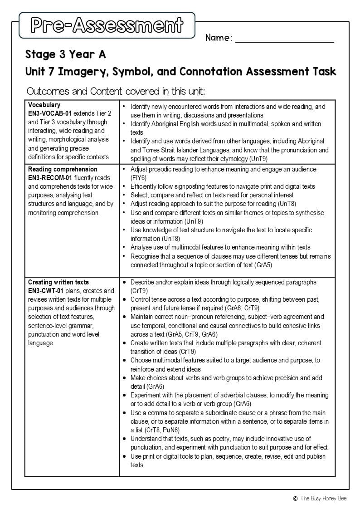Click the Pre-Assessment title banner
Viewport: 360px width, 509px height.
coord(107,25)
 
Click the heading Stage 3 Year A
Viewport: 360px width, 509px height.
coord(66,55)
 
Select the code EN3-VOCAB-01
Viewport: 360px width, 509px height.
coord(49,113)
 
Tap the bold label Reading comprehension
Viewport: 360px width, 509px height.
coord(63,169)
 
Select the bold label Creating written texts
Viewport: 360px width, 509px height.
coord(58,282)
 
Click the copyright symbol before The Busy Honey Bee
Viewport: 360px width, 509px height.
coord(295,498)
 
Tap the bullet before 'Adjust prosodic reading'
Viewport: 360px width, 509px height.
coord(125,169)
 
